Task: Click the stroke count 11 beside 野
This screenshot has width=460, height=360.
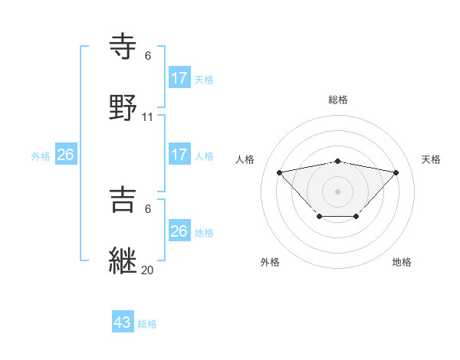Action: click(x=148, y=117)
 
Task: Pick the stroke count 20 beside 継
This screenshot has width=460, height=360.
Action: click(x=148, y=270)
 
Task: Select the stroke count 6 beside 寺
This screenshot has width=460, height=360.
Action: click(x=148, y=56)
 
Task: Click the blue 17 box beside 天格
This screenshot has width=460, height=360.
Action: click(x=179, y=78)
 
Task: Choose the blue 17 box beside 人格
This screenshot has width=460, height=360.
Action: click(x=179, y=155)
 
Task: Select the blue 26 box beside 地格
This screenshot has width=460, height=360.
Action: click(x=179, y=231)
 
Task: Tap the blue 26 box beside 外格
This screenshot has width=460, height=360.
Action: click(x=66, y=155)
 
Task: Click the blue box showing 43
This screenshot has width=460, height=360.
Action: click(x=123, y=322)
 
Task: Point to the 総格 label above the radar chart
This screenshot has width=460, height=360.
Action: click(x=338, y=100)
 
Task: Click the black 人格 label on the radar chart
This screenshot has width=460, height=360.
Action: click(x=246, y=159)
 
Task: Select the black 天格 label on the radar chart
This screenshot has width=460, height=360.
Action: click(x=431, y=159)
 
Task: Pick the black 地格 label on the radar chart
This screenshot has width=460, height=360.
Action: click(x=402, y=262)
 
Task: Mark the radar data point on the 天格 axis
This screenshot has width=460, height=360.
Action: click(x=396, y=172)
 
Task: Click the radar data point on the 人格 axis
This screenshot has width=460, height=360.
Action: click(x=279, y=172)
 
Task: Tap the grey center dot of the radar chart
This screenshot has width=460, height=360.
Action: click(x=338, y=191)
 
